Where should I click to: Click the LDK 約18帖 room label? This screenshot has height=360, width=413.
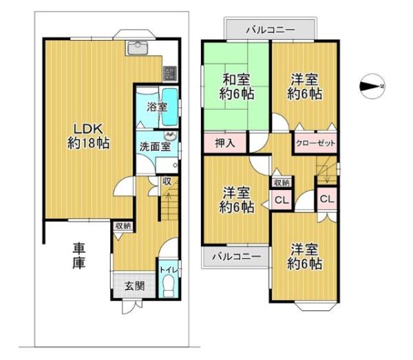coord(88,136)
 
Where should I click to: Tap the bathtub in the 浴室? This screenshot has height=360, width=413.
coord(169,107)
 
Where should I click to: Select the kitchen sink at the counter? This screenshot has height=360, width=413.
coord(138,47)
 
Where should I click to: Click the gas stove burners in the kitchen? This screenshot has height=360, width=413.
coord(170,74)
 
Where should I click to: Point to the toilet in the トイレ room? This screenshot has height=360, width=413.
coord(168,287)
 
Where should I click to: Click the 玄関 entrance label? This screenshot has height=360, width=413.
coord(134,286)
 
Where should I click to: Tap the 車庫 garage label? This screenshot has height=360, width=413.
coord(78,255)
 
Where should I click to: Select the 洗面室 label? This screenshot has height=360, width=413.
coord(155,147)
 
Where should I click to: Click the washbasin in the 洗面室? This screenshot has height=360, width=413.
coord(171,136)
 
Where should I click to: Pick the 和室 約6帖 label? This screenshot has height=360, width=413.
coord(237,87)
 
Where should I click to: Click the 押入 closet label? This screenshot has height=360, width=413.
coord(224,144)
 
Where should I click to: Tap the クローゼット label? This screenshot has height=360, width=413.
coord(315,144)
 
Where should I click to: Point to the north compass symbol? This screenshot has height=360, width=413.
coord(372,86)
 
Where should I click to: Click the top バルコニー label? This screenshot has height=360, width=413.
coord(271,30)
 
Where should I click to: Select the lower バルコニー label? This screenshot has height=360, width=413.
coord(237,256)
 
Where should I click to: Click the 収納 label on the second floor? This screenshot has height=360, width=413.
coord(282,183)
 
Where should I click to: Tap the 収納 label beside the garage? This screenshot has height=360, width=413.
coord(123,226)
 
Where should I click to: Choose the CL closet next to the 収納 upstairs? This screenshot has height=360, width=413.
coord(282,200)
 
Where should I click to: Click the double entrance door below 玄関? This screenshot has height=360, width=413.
coord(132,306)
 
